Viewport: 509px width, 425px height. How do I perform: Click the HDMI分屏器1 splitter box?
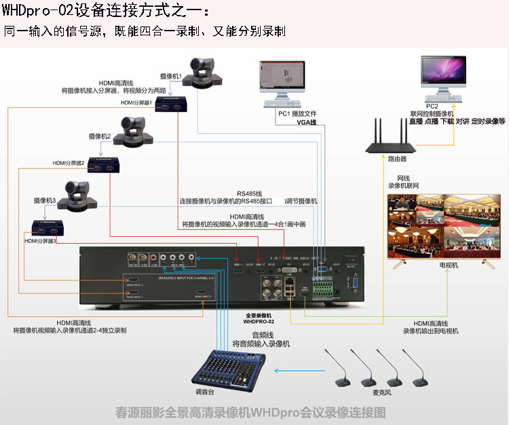[x=171, y=103]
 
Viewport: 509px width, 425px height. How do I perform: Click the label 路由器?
[x=397, y=159]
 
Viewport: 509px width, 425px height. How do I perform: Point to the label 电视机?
[x=449, y=265]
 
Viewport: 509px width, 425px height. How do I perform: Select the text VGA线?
[x=307, y=122]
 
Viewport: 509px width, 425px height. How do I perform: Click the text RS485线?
[x=250, y=193]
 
